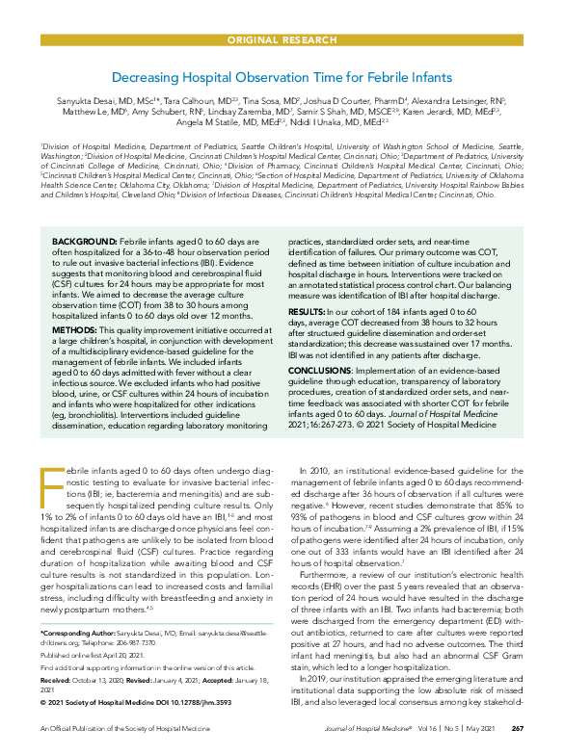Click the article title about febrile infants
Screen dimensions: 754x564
282,76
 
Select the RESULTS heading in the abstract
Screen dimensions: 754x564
311,313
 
